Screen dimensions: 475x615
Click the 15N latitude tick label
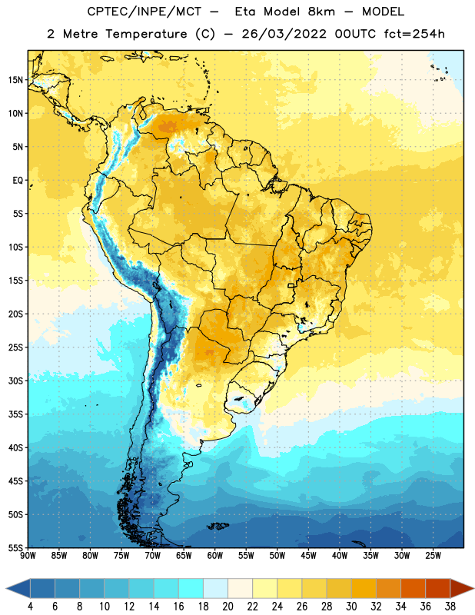point(15,80)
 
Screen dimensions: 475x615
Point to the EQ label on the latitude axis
point(18,181)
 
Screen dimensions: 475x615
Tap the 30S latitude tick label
point(15,381)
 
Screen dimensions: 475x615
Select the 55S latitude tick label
point(15,547)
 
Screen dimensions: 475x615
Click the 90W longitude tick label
point(28,556)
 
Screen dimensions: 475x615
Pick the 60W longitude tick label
point(215,556)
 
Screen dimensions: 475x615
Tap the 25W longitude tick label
point(433,556)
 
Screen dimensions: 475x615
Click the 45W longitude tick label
point(308,556)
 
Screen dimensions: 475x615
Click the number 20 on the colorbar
point(228,607)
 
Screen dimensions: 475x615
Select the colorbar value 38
point(450,607)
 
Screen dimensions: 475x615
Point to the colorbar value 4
point(30,607)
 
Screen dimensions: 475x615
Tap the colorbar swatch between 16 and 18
point(191,589)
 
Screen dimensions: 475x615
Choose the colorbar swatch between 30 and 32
point(364,589)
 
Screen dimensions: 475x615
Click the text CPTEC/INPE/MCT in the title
point(144,12)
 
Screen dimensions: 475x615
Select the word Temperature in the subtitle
point(146,34)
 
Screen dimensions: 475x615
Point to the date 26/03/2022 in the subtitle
point(284,34)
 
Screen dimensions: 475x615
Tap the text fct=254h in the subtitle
point(414,34)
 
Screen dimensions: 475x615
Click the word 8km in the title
point(321,12)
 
